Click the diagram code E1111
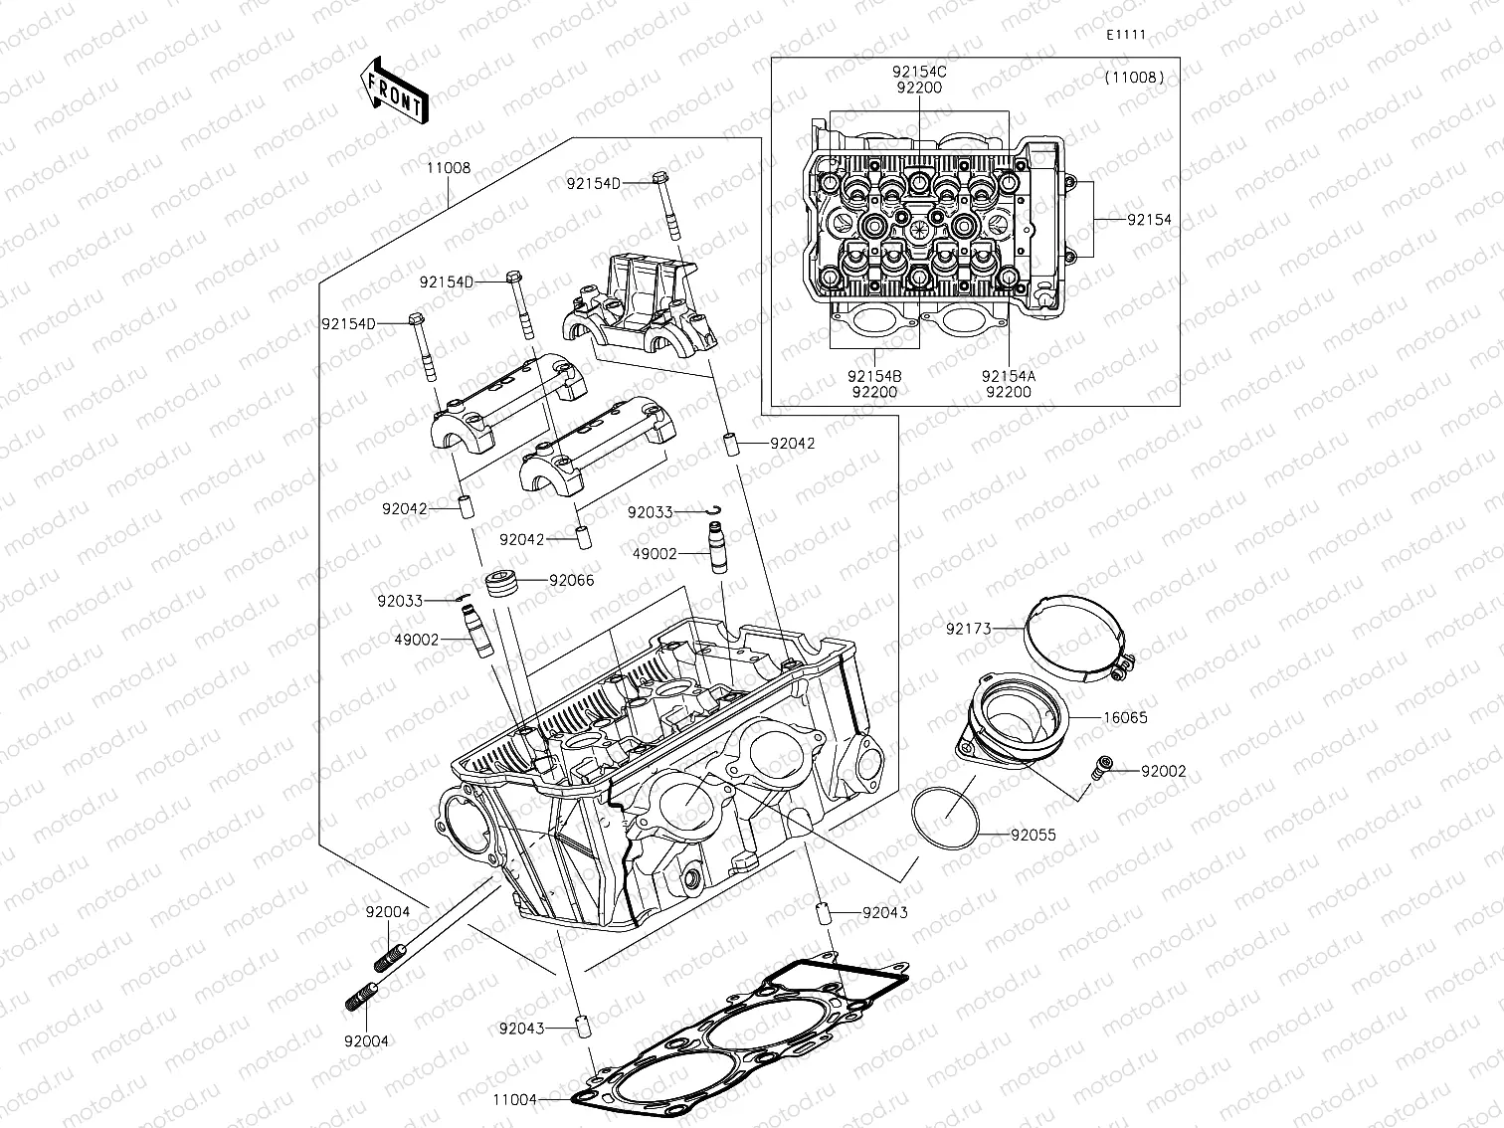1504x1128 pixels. (x=1126, y=35)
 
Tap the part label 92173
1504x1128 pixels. (x=968, y=629)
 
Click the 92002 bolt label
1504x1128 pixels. (x=1163, y=771)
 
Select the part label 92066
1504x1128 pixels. (x=571, y=580)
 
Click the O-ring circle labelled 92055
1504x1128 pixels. (x=945, y=818)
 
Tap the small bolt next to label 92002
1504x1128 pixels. (x=1101, y=767)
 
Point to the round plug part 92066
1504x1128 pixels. (x=501, y=583)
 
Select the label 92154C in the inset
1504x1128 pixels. (x=918, y=72)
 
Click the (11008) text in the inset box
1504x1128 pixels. (x=1133, y=77)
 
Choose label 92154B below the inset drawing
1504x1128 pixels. (x=874, y=376)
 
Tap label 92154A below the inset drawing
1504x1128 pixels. (x=1008, y=376)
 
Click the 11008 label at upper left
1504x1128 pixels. (x=449, y=168)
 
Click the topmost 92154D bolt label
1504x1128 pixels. (x=593, y=183)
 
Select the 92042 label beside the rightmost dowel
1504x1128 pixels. (x=792, y=444)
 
